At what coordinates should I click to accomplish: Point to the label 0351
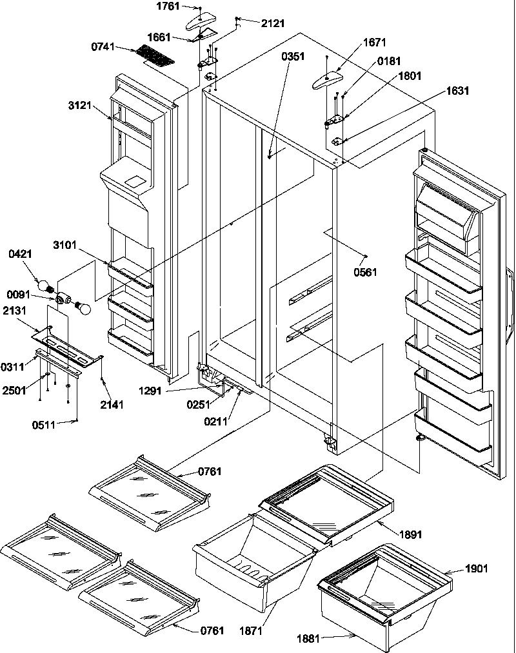point(293,56)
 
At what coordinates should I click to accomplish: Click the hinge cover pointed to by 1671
point(328,81)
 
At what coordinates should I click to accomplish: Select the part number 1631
point(457,91)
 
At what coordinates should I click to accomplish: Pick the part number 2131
point(15,309)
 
